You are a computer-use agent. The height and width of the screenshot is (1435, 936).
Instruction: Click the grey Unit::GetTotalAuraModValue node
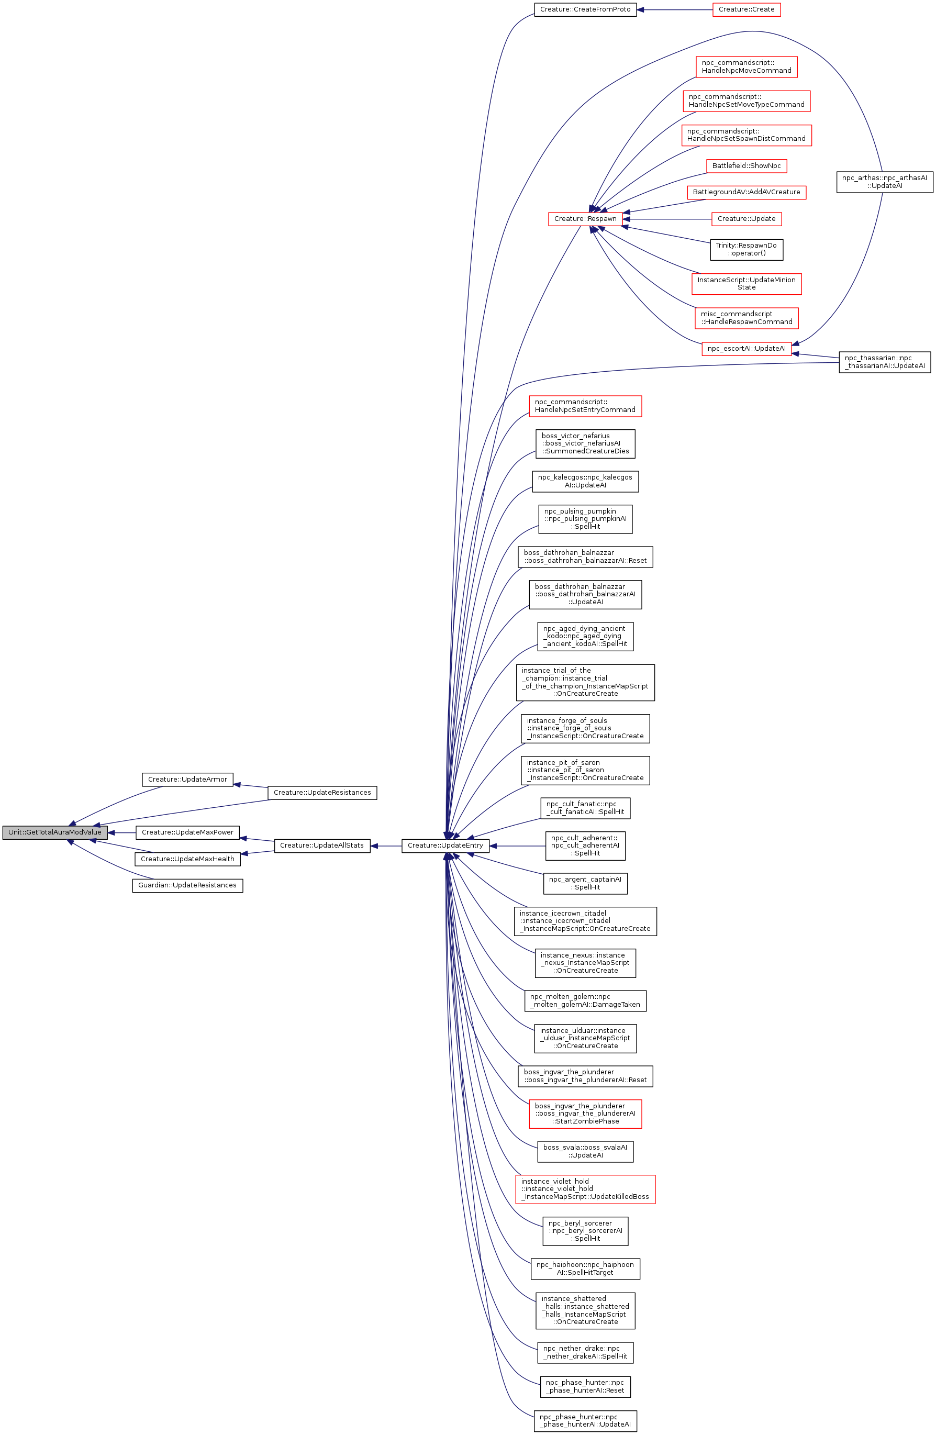coord(55,832)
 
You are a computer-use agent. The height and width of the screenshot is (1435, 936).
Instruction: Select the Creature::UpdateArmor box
coord(187,780)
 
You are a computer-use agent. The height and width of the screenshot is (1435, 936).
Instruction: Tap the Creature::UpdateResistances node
coord(322,793)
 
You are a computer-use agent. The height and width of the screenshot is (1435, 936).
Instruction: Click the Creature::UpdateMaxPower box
coord(187,832)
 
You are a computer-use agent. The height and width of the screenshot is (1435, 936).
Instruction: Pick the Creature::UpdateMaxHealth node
coord(187,859)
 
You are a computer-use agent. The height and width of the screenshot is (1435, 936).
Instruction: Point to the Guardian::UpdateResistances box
coord(187,886)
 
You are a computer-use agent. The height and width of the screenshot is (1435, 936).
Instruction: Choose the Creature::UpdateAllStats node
coord(322,846)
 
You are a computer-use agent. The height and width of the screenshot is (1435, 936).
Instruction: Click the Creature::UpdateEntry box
coord(445,846)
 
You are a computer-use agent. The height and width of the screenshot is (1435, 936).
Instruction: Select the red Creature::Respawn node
coord(585,219)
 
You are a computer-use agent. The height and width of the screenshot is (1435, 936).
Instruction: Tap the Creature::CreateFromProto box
coord(585,9)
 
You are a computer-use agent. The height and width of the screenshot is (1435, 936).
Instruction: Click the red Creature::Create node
coord(746,9)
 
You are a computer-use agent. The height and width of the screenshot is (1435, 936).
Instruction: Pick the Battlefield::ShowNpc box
coord(746,166)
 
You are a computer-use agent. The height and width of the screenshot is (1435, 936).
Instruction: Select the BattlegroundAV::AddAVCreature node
coord(746,192)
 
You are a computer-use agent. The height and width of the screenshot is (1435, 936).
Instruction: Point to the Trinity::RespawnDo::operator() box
coord(746,249)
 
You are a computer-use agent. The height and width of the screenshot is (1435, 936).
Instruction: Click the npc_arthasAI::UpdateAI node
coord(884,182)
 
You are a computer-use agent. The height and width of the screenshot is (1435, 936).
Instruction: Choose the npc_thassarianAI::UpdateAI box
coord(884,362)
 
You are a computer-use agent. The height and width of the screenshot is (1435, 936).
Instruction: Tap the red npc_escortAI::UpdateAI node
coord(746,349)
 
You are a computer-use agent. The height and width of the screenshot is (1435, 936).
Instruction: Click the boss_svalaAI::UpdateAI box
coord(585,1152)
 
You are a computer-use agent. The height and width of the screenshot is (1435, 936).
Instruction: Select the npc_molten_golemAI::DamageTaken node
coord(585,1001)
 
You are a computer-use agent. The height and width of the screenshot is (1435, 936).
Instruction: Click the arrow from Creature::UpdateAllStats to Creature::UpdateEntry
coord(386,846)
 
